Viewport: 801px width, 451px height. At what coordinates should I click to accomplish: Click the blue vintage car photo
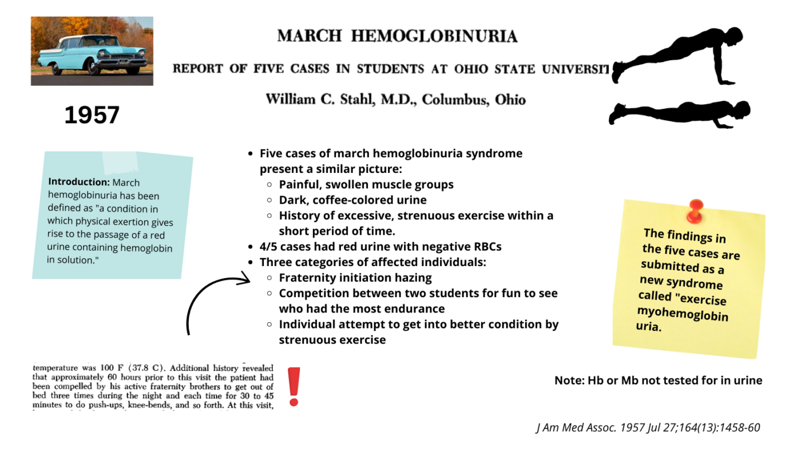tap(92, 51)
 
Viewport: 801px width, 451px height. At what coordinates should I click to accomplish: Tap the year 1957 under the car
tap(92, 116)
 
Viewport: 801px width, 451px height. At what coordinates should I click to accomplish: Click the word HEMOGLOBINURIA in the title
tap(434, 37)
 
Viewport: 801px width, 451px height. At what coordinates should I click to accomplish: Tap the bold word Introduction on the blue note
tap(78, 181)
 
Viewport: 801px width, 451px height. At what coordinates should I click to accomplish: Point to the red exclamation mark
tap(294, 386)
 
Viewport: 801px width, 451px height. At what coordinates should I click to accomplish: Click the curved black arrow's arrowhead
tap(245, 279)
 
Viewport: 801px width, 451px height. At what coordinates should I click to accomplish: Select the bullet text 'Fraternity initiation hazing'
tap(355, 278)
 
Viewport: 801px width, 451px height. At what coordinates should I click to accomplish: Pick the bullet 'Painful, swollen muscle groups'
tap(366, 185)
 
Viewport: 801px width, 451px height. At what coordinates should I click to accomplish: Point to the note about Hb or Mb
tap(658, 381)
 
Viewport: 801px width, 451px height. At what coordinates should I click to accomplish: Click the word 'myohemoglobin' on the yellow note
tap(682, 314)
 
